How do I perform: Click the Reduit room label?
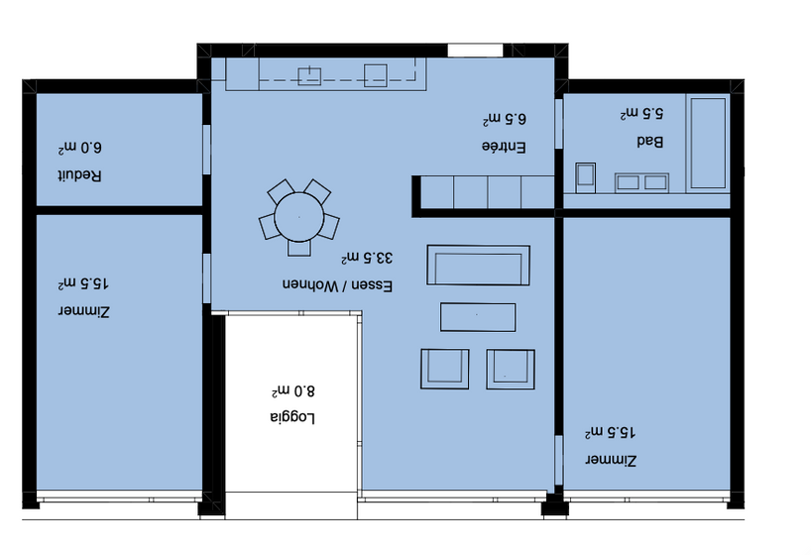[79, 175]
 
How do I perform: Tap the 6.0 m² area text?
[79, 148]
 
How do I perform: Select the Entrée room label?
[504, 147]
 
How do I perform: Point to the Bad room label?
[649, 142]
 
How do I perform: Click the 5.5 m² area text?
[641, 113]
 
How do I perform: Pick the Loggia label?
[292, 417]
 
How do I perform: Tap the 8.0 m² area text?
[292, 390]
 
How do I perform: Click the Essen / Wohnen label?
[337, 285]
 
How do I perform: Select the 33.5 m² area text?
[367, 257]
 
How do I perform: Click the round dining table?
[299, 217]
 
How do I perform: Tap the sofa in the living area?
[479, 266]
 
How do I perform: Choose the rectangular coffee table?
[478, 317]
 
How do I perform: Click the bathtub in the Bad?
[708, 144]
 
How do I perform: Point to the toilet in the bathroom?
[586, 177]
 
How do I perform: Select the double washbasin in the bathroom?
[641, 182]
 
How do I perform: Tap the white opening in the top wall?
[475, 51]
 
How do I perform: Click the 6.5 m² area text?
[505, 119]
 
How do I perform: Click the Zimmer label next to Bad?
[611, 460]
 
